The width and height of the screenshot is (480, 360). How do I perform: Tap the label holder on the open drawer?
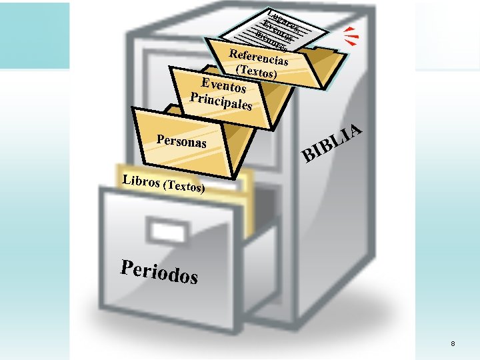pyautogui.click(x=170, y=231)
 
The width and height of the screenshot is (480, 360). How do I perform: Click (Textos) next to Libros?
pyautogui.click(x=183, y=187)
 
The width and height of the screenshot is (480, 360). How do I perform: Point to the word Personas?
pyautogui.click(x=181, y=142)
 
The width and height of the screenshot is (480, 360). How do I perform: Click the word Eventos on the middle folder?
pyautogui.click(x=224, y=85)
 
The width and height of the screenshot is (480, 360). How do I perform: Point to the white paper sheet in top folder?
pyautogui.click(x=280, y=30)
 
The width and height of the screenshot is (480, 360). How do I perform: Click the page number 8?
pyautogui.click(x=453, y=343)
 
